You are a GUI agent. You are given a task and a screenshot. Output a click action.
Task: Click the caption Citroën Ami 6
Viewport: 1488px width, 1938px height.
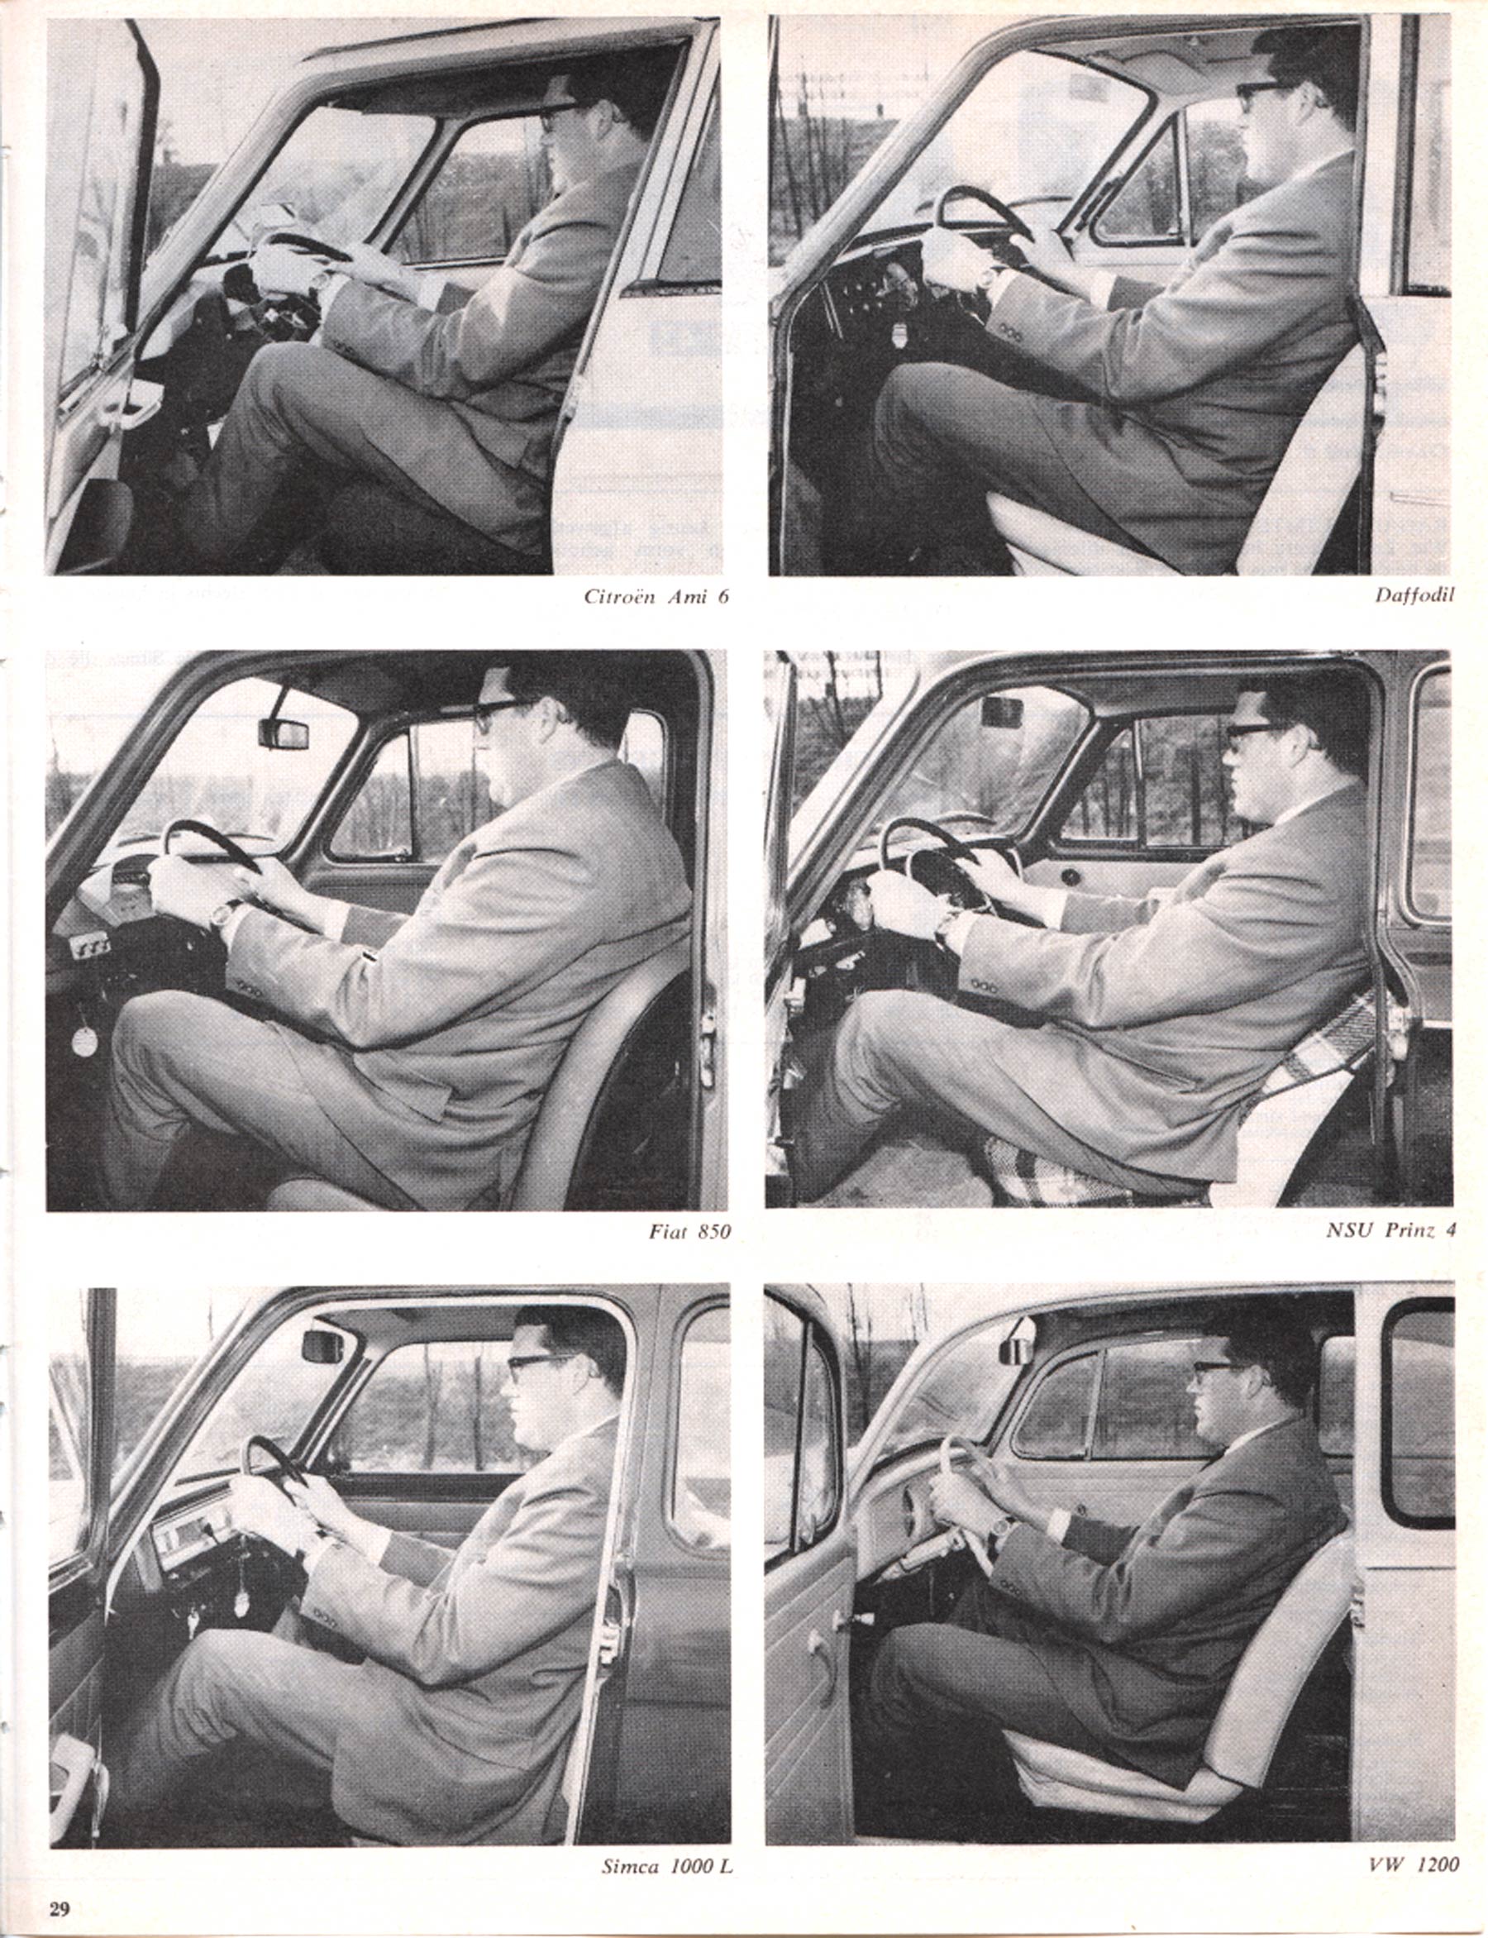[656, 596]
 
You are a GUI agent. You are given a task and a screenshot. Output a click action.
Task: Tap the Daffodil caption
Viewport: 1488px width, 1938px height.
[1414, 595]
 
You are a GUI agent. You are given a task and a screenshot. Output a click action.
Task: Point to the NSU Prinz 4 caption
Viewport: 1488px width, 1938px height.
[1390, 1229]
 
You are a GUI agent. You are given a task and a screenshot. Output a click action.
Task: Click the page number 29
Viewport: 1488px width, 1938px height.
[59, 1909]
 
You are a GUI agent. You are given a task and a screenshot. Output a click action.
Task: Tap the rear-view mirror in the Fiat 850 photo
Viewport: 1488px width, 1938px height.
[284, 733]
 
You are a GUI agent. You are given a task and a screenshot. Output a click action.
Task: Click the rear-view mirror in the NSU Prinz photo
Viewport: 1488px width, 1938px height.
[1002, 710]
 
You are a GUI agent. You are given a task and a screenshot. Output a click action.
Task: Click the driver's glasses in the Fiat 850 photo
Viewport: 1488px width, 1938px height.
[501, 713]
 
